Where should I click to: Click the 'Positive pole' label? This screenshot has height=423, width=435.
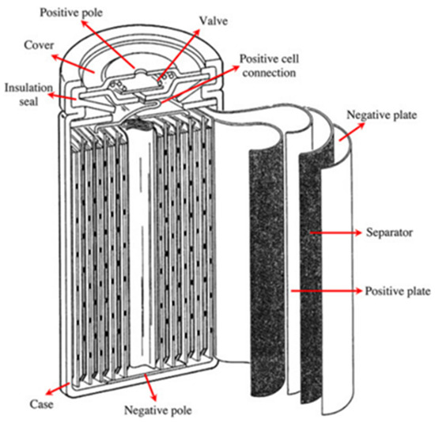click(71, 13)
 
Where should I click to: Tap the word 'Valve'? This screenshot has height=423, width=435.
click(214, 21)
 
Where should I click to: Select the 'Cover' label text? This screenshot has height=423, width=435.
click(39, 45)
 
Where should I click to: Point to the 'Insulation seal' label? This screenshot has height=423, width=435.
click(28, 95)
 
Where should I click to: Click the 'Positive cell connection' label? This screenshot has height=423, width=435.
click(269, 66)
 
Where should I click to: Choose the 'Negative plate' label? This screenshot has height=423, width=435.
click(381, 115)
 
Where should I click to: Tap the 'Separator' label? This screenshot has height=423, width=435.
click(389, 232)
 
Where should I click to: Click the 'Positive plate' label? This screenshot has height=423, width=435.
click(398, 291)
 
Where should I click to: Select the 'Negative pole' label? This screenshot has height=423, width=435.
click(158, 410)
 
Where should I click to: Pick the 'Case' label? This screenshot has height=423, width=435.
click(41, 404)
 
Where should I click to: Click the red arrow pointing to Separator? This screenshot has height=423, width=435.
click(335, 232)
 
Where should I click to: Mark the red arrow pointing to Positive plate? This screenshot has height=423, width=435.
click(327, 291)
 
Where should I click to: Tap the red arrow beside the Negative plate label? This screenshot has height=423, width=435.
click(351, 132)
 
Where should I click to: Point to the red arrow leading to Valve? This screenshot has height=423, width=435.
click(179, 55)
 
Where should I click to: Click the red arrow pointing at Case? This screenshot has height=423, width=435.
click(58, 389)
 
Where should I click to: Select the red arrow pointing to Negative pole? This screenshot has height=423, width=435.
click(150, 387)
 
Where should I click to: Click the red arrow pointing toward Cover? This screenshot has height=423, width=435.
click(73, 63)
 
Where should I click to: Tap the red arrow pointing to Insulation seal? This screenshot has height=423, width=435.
click(62, 96)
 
